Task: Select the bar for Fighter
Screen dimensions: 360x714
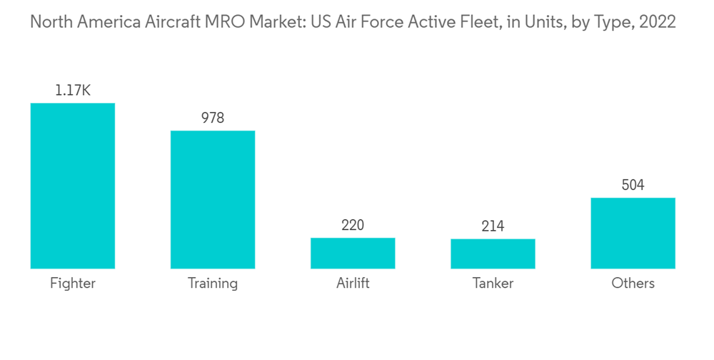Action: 72,186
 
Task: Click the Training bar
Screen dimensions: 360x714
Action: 212,199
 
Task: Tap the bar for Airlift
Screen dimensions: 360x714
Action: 353,253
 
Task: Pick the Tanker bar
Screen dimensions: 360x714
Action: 493,254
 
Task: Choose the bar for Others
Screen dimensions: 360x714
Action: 633,233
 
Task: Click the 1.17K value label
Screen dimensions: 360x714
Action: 72,91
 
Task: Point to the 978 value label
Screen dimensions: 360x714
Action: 212,118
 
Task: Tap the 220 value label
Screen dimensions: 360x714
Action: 353,225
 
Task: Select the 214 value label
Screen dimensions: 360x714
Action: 493,226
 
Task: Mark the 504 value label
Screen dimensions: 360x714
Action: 633,185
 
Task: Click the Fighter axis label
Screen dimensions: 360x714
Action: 72,284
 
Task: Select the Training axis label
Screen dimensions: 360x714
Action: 212,284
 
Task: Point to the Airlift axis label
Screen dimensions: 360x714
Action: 353,284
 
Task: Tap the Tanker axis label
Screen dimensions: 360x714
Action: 493,284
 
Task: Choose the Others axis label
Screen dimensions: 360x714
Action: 633,284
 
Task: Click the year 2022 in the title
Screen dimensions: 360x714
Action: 658,22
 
